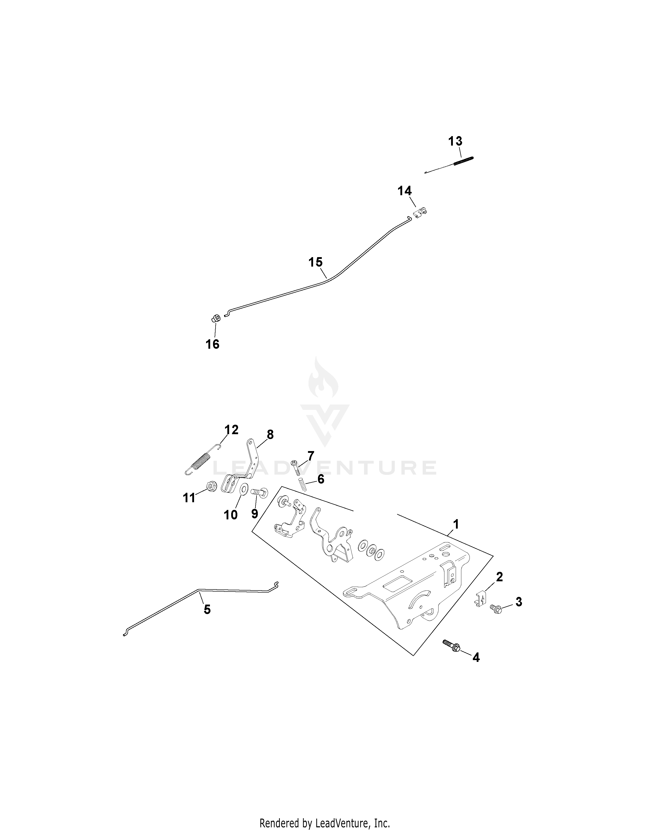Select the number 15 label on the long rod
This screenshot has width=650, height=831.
pyautogui.click(x=315, y=262)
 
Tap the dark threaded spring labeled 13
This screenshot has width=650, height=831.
pyautogui.click(x=463, y=161)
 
